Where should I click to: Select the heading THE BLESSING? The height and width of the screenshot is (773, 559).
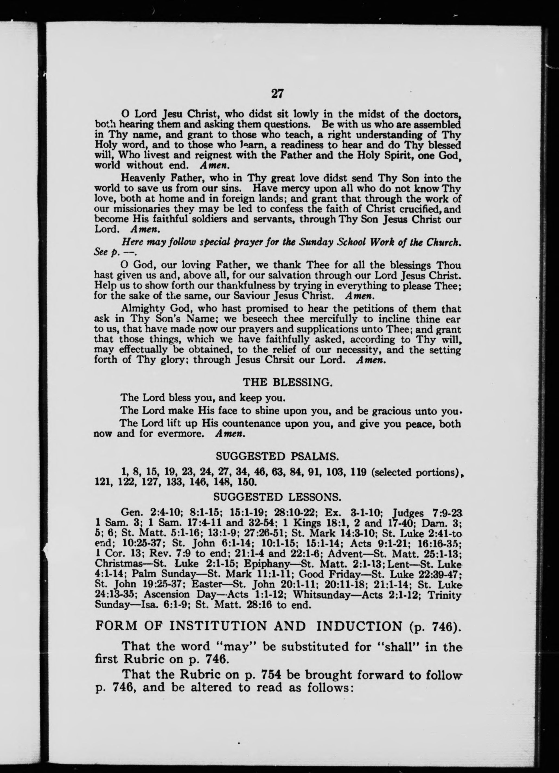tap(287, 382)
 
